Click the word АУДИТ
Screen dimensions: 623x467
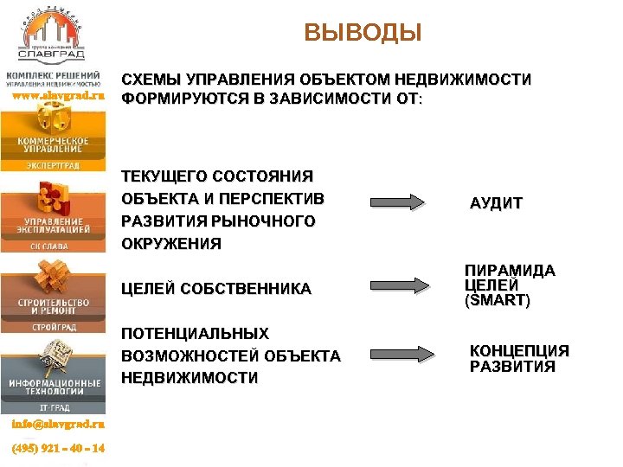pos(496,204)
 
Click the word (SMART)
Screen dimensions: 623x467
pos(498,302)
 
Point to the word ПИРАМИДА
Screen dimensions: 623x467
pos(510,271)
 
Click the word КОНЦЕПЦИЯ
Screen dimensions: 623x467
pos(519,350)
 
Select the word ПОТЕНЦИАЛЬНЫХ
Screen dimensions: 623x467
pos(195,333)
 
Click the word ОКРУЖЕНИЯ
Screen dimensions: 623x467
pos(171,244)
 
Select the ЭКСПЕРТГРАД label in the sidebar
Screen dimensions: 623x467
pos(53,163)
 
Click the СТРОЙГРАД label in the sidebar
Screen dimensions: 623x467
pos(53,328)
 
